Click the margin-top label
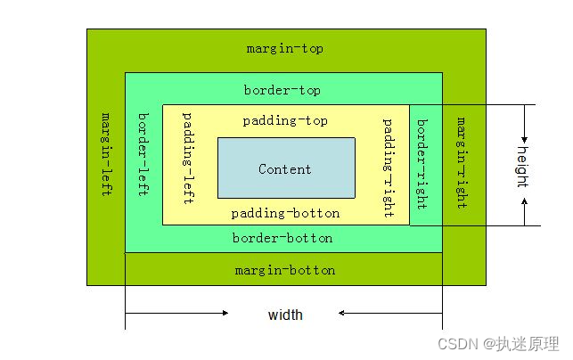click(x=285, y=48)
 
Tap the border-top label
click(x=282, y=90)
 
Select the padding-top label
click(x=285, y=120)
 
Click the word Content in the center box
click(x=285, y=168)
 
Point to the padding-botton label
click(x=285, y=213)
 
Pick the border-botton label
click(x=282, y=238)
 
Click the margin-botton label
click(x=285, y=269)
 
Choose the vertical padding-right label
click(x=389, y=167)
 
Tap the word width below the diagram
click(x=285, y=315)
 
